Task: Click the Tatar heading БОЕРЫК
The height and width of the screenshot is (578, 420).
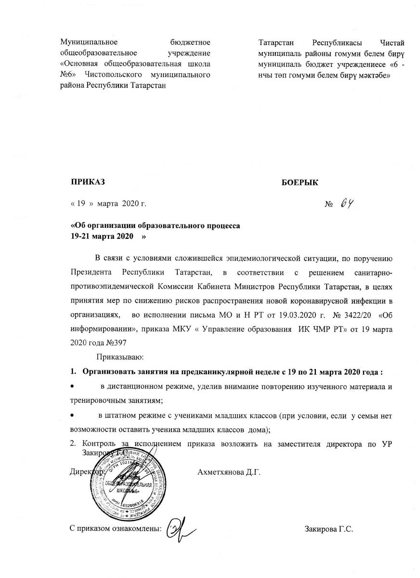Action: coord(300,182)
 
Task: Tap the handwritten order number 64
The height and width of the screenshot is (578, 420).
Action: coord(346,203)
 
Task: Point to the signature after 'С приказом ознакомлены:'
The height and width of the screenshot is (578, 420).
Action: coord(180,528)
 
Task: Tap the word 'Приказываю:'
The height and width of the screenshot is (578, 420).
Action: coord(118,357)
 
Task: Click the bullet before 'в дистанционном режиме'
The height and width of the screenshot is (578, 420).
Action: coord(72,387)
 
